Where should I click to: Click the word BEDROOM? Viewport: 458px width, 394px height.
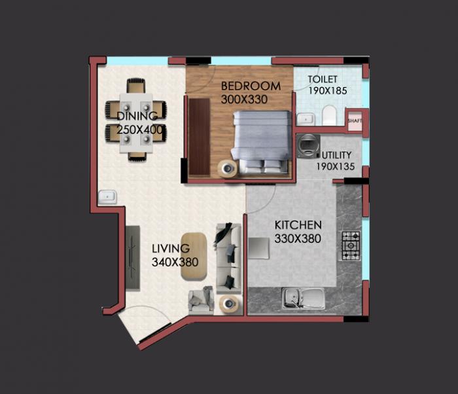[251, 86]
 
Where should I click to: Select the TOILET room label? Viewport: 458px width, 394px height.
[323, 79]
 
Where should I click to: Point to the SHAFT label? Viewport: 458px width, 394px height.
[354, 120]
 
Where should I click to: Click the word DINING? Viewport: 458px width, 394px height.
[137, 116]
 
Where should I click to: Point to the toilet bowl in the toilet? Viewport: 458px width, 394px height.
[329, 116]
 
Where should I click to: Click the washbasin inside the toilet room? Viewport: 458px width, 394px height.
[304, 119]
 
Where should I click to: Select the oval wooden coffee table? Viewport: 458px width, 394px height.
[194, 255]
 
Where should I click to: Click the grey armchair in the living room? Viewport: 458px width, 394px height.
[200, 299]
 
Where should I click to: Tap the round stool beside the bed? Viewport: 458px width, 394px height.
[226, 168]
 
